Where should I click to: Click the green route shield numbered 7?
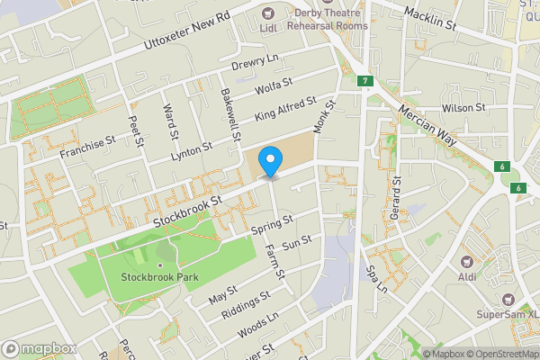[x=364, y=81]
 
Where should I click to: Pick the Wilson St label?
[x=463, y=107]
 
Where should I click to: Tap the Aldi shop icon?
[x=467, y=261]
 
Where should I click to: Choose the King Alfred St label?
[x=285, y=110]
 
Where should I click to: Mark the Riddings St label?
[x=245, y=305]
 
